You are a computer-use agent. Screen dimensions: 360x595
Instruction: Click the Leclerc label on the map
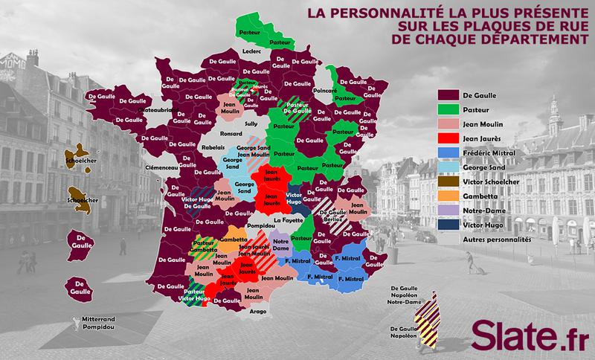coord(251,51)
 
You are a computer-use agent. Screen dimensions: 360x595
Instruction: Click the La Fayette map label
coord(286,221)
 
